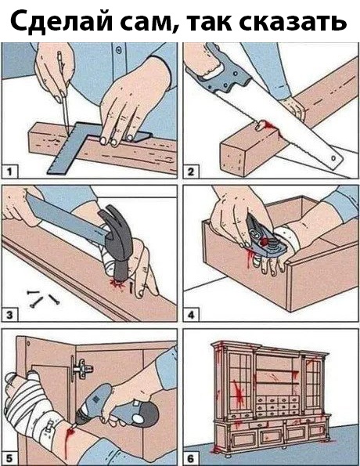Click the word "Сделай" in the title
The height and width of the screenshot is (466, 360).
pyautogui.click(x=61, y=21)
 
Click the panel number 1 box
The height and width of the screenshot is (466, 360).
pyautogui.click(x=9, y=172)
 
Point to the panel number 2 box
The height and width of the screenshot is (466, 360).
pyautogui.click(x=191, y=172)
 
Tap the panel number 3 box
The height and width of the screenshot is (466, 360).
pyautogui.click(x=9, y=315)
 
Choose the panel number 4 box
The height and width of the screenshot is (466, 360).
pyautogui.click(x=191, y=315)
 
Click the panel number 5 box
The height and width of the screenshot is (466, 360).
pyautogui.click(x=9, y=457)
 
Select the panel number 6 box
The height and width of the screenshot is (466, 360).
pyautogui.click(x=191, y=457)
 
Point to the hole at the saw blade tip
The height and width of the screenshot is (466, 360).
pyautogui.click(x=333, y=158)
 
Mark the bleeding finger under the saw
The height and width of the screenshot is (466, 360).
pyautogui.click(x=261, y=125)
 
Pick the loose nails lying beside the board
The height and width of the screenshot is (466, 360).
pyautogui.click(x=42, y=298)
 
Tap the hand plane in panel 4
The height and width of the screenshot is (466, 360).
pyautogui.click(x=266, y=238)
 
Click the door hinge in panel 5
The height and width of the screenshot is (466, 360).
pyautogui.click(x=81, y=369)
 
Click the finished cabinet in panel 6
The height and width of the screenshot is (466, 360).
pyautogui.click(x=271, y=397)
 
